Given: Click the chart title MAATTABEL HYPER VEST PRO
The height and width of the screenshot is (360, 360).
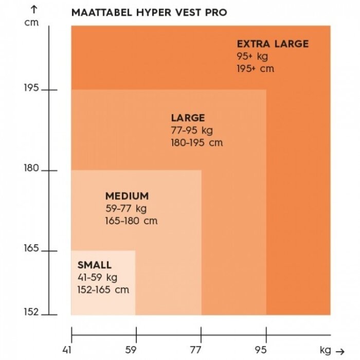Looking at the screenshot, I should point(149,12).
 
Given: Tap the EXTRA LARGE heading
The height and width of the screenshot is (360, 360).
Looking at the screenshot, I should point(273,44).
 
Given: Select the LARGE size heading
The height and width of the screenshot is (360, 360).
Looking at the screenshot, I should point(188,118).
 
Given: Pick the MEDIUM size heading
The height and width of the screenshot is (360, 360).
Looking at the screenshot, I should point(127,196).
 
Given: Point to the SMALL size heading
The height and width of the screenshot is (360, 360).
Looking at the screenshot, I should point(94,265).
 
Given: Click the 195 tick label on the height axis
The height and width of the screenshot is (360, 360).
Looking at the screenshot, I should point(31,88).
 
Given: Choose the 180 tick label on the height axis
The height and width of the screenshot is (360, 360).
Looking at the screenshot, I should point(31,169).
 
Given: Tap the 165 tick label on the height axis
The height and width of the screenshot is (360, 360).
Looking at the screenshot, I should point(31,249).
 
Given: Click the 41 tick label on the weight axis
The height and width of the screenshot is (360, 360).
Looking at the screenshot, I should point(67,351).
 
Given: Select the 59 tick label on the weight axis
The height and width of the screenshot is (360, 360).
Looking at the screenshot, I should point(132,351).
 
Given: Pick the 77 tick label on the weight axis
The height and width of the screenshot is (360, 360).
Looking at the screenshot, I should point(196,351).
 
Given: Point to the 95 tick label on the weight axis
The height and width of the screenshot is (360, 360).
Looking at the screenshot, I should point(261,351).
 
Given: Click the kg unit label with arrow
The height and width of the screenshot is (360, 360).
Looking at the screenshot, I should point(331,351).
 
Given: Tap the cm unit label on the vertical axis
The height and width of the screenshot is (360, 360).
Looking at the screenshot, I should point(31,23).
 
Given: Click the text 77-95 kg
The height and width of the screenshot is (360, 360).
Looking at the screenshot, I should point(192,130).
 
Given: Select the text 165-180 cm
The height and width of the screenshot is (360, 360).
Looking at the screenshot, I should point(131,221).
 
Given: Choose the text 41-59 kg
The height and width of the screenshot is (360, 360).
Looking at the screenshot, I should point(97,278).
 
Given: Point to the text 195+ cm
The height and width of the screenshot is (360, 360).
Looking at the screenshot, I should point(256,68).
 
